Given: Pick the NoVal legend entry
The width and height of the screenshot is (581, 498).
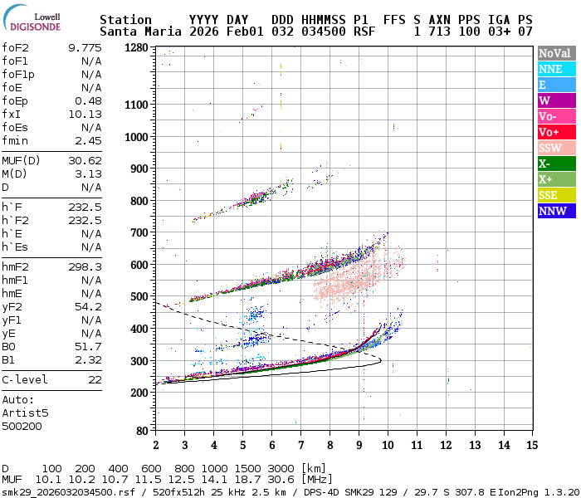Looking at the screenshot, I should pos(554,54).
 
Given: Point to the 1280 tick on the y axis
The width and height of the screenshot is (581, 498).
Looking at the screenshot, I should pos(136,48).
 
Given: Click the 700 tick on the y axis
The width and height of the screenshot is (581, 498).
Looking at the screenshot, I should pos(139,232).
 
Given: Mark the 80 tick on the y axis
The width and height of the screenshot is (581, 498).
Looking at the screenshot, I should pos(142,431).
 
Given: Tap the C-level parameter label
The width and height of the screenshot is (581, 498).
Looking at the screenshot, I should pos(25,380).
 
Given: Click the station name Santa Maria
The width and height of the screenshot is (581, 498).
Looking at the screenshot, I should pos(136,32).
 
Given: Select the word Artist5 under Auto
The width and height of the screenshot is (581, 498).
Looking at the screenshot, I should pos(25,413).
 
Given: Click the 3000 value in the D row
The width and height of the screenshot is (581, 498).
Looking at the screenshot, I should pos(281,468).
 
